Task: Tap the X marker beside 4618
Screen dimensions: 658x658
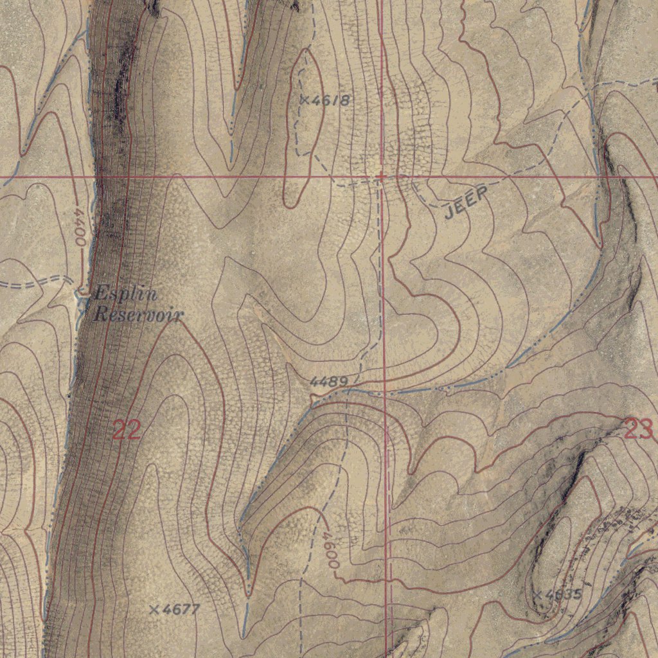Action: click(x=305, y=100)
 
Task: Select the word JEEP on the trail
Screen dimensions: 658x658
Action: click(x=466, y=204)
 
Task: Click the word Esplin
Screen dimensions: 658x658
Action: click(x=125, y=295)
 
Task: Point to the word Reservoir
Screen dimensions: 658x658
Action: click(x=138, y=315)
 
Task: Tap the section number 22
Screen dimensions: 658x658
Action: click(x=127, y=429)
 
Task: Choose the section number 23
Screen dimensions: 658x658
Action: click(x=638, y=429)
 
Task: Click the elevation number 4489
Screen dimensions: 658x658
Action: click(x=329, y=382)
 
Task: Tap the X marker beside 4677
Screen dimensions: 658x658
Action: click(x=154, y=609)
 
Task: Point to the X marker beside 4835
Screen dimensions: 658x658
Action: click(x=537, y=594)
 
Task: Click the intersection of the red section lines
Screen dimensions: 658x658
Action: click(x=382, y=175)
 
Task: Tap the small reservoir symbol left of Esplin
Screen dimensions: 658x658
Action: click(x=83, y=293)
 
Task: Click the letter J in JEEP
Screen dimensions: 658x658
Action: click(x=450, y=213)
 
